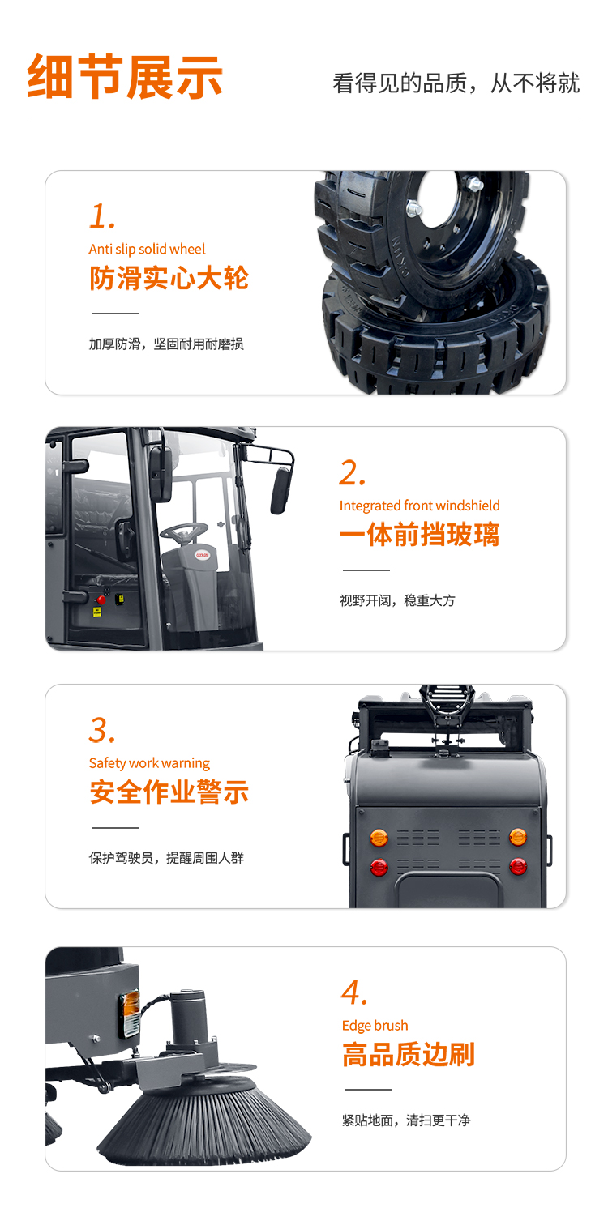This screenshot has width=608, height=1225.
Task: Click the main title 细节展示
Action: pos(125,76)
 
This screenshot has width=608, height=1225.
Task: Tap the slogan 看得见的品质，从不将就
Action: pos(456,83)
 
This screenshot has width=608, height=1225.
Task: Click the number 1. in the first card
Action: pos(102,216)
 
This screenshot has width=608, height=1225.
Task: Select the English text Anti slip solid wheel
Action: pos(147,249)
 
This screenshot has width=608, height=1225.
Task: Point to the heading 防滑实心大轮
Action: pos(169,278)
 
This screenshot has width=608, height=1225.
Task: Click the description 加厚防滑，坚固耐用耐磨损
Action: pos(166,344)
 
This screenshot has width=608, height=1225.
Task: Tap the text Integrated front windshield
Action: pos(419,506)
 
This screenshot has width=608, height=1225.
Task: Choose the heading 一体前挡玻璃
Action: pos(419,534)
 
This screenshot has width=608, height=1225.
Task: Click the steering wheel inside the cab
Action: pos(184,531)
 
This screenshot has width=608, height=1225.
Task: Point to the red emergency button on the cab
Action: pos(101,600)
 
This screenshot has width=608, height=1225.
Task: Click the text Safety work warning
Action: pos(149,763)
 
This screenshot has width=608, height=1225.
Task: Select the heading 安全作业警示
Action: pos(169,792)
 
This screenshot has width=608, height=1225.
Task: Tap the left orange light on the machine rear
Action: pos(379,837)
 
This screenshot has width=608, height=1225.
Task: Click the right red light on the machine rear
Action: pos(518,866)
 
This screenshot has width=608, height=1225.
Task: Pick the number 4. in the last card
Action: pos(354,992)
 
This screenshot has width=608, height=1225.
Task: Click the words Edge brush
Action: pos(375,1026)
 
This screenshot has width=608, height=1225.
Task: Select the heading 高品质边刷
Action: pos(409,1054)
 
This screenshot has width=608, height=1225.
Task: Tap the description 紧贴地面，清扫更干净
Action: pos(406,1120)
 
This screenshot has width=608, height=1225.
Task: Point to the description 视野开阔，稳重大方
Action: pos(397,600)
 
